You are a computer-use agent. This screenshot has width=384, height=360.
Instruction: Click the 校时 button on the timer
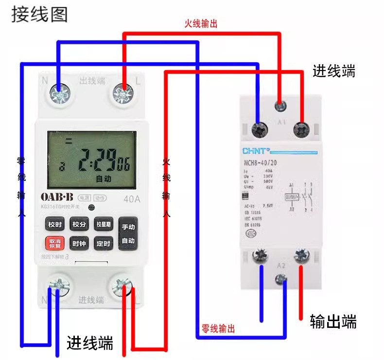[54, 225]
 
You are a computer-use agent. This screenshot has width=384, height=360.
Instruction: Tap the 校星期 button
[104, 225]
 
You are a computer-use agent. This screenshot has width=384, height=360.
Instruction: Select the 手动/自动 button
[128, 234]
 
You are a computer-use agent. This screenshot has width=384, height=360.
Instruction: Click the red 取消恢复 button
[54, 243]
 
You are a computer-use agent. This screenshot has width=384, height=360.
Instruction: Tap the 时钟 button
[79, 243]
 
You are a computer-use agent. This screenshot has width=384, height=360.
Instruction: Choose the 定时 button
[104, 243]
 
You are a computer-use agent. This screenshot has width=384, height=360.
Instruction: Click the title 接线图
[39, 15]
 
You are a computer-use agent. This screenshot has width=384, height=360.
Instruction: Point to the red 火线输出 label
[200, 24]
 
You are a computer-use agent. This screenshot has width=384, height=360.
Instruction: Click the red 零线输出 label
[218, 329]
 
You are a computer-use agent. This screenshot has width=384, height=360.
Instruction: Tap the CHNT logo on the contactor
[255, 151]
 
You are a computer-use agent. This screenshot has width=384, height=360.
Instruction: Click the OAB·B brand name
[57, 197]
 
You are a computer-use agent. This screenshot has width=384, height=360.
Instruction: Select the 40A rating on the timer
[132, 198]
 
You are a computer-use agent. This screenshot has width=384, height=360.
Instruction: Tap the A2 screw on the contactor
[280, 279]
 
